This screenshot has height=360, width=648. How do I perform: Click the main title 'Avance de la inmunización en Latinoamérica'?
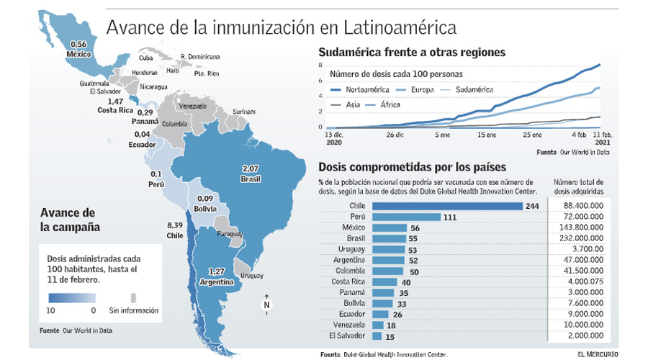point(281,28)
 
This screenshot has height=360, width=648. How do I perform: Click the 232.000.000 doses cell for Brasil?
point(584,238)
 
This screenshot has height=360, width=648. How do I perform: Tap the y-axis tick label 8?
point(321,66)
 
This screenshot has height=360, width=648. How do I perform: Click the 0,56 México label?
point(76,49)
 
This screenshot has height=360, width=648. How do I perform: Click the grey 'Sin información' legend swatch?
point(133,298)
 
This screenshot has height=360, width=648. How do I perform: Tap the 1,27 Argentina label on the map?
point(220,276)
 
